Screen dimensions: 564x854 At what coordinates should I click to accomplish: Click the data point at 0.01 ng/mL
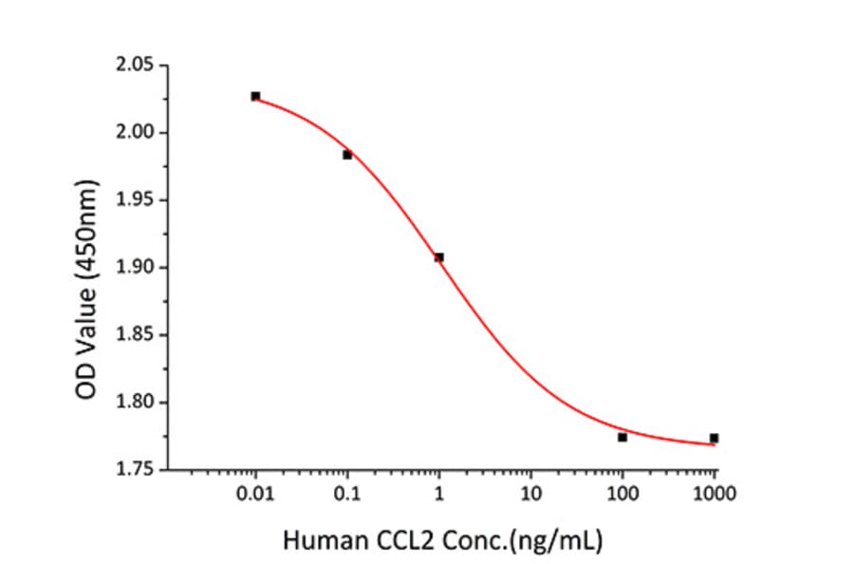255,96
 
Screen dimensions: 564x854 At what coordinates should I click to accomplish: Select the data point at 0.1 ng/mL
347,155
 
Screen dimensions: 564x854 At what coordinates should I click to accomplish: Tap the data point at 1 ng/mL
438,257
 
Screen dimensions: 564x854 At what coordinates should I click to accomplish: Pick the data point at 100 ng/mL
622,437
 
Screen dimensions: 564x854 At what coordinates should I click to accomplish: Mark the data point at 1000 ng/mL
714,438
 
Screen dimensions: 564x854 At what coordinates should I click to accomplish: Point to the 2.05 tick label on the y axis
134,66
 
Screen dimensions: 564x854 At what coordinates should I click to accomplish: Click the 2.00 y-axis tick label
134,133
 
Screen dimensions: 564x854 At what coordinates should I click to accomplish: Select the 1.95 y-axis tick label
134,200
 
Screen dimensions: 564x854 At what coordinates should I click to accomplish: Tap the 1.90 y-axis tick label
134,268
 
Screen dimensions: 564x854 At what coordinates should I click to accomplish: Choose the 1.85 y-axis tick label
134,335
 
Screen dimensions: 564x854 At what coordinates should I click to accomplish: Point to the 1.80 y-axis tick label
134,403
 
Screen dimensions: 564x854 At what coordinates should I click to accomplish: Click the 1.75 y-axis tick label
134,470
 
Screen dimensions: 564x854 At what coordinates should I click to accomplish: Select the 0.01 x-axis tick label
255,494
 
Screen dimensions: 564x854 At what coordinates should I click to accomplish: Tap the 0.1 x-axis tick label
347,494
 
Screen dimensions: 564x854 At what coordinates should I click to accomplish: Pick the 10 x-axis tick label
530,494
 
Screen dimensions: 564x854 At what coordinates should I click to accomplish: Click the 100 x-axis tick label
622,494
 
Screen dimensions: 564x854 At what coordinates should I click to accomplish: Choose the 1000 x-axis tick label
714,494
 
